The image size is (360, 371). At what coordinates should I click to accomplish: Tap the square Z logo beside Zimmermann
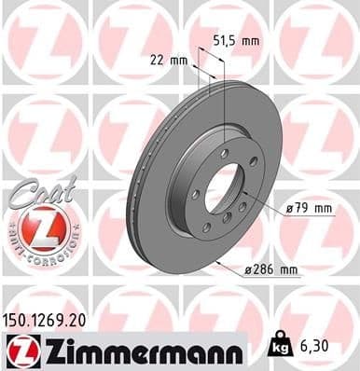click(18, 350)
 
